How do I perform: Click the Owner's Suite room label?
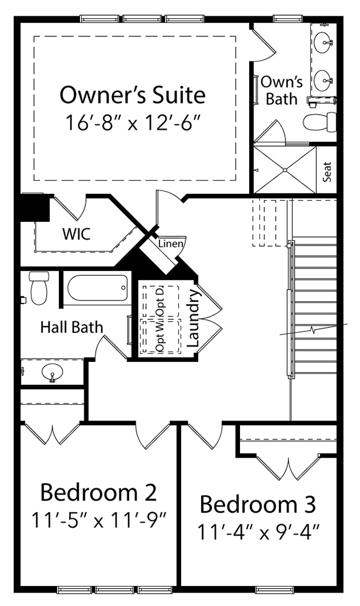point(133,95)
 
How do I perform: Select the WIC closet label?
point(76,234)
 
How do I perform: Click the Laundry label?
point(193,318)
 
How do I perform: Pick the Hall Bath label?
point(72,327)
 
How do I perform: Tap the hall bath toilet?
point(38,288)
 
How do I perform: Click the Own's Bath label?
point(282,90)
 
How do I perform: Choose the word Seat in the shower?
point(327,171)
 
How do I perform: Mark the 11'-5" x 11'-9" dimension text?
point(99,519)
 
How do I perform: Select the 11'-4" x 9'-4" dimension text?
point(258,532)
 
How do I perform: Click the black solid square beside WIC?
point(35,207)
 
